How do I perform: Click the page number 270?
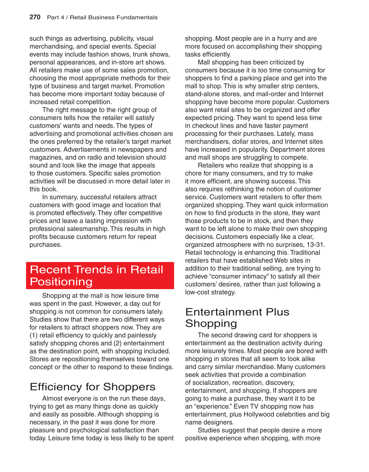click(35, 17)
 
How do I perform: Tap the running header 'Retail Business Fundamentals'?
click(114, 18)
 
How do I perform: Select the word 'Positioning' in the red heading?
click(61, 282)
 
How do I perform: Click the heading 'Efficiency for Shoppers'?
click(93, 387)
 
